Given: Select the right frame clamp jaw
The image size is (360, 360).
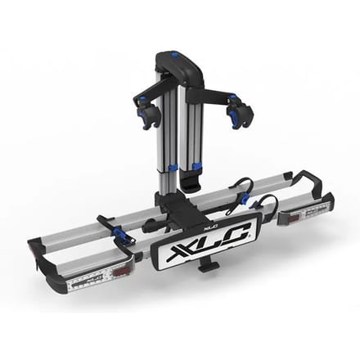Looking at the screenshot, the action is tap(238, 112).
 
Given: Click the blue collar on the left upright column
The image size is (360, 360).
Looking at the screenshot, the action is tap(172, 168).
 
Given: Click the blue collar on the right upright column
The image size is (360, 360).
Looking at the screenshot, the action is tap(196, 166).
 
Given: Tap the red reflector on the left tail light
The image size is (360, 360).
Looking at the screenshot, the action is tap(119, 272).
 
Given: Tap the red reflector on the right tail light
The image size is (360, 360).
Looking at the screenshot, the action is tap(294, 218).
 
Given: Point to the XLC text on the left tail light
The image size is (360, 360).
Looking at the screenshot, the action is tap(93, 278).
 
